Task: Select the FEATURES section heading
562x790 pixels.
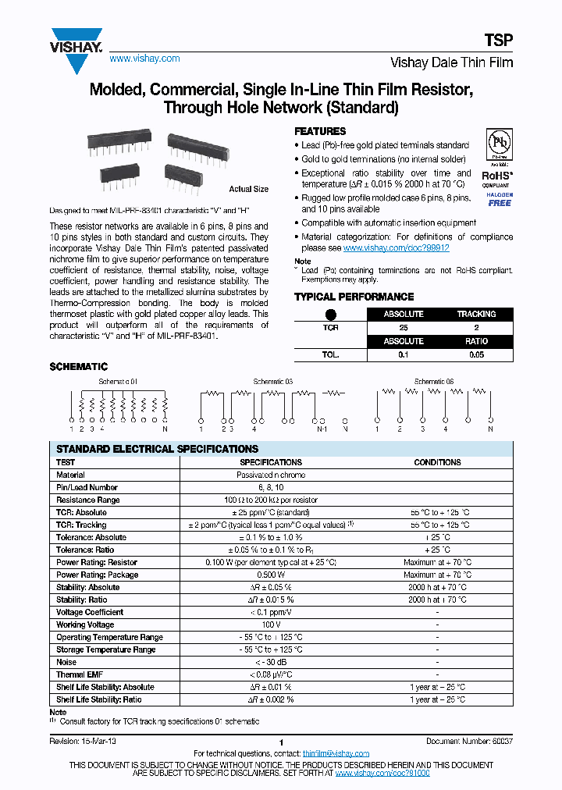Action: click(x=320, y=131)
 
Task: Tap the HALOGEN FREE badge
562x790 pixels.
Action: click(x=500, y=199)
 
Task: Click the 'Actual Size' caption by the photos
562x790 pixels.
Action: click(x=248, y=189)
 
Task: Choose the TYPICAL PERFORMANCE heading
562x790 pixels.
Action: click(x=354, y=297)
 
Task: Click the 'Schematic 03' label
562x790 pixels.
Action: click(x=272, y=382)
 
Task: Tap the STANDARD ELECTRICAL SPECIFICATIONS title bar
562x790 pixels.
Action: click(x=157, y=449)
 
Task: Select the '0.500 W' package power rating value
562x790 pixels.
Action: click(x=270, y=575)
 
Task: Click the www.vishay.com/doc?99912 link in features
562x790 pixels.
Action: click(x=396, y=247)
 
